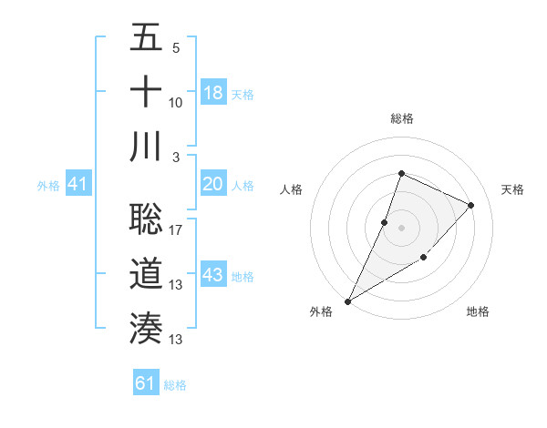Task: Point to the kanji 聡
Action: pyautogui.click(x=146, y=219)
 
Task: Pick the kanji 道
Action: pyautogui.click(x=146, y=274)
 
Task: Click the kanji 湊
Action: pyautogui.click(x=146, y=328)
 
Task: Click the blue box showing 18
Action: pyautogui.click(x=213, y=93)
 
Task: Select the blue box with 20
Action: pyautogui.click(x=213, y=184)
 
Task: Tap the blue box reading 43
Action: pyautogui.click(x=213, y=275)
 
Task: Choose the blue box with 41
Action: pyautogui.click(x=78, y=185)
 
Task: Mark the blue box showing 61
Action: pyautogui.click(x=146, y=383)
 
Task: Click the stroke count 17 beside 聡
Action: pyautogui.click(x=176, y=230)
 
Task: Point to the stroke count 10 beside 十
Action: pyautogui.click(x=176, y=102)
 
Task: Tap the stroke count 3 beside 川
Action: pyautogui.click(x=176, y=157)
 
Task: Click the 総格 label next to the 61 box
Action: pyautogui.click(x=175, y=385)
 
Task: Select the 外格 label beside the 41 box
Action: pyautogui.click(x=48, y=186)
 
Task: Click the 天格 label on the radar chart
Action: pyautogui.click(x=512, y=189)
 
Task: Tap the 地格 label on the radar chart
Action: pyautogui.click(x=478, y=311)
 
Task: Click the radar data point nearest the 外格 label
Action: pyautogui.click(x=348, y=301)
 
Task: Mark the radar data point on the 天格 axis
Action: pyautogui.click(x=471, y=205)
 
